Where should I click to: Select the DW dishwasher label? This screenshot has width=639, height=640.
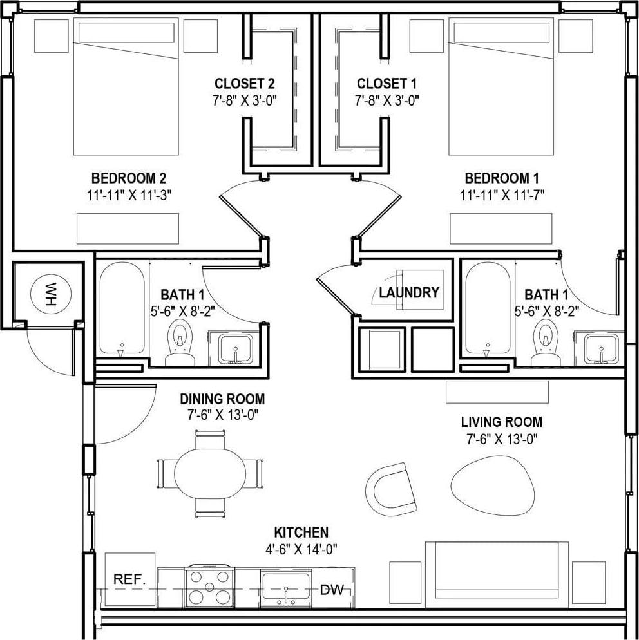coord(332,589)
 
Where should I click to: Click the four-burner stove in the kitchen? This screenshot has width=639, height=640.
coord(209,587)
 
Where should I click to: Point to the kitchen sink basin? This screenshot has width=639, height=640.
coord(285,588)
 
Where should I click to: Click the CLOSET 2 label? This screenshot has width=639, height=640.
coord(245,84)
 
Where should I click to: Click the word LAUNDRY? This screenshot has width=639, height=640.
coord(409,293)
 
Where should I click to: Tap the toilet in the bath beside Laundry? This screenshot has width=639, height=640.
coord(546,339)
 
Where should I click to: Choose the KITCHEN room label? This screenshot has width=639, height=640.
coord(301,532)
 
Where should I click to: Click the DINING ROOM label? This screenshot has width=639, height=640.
coord(222,400)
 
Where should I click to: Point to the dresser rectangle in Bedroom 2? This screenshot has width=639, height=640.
coord(128,229)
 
